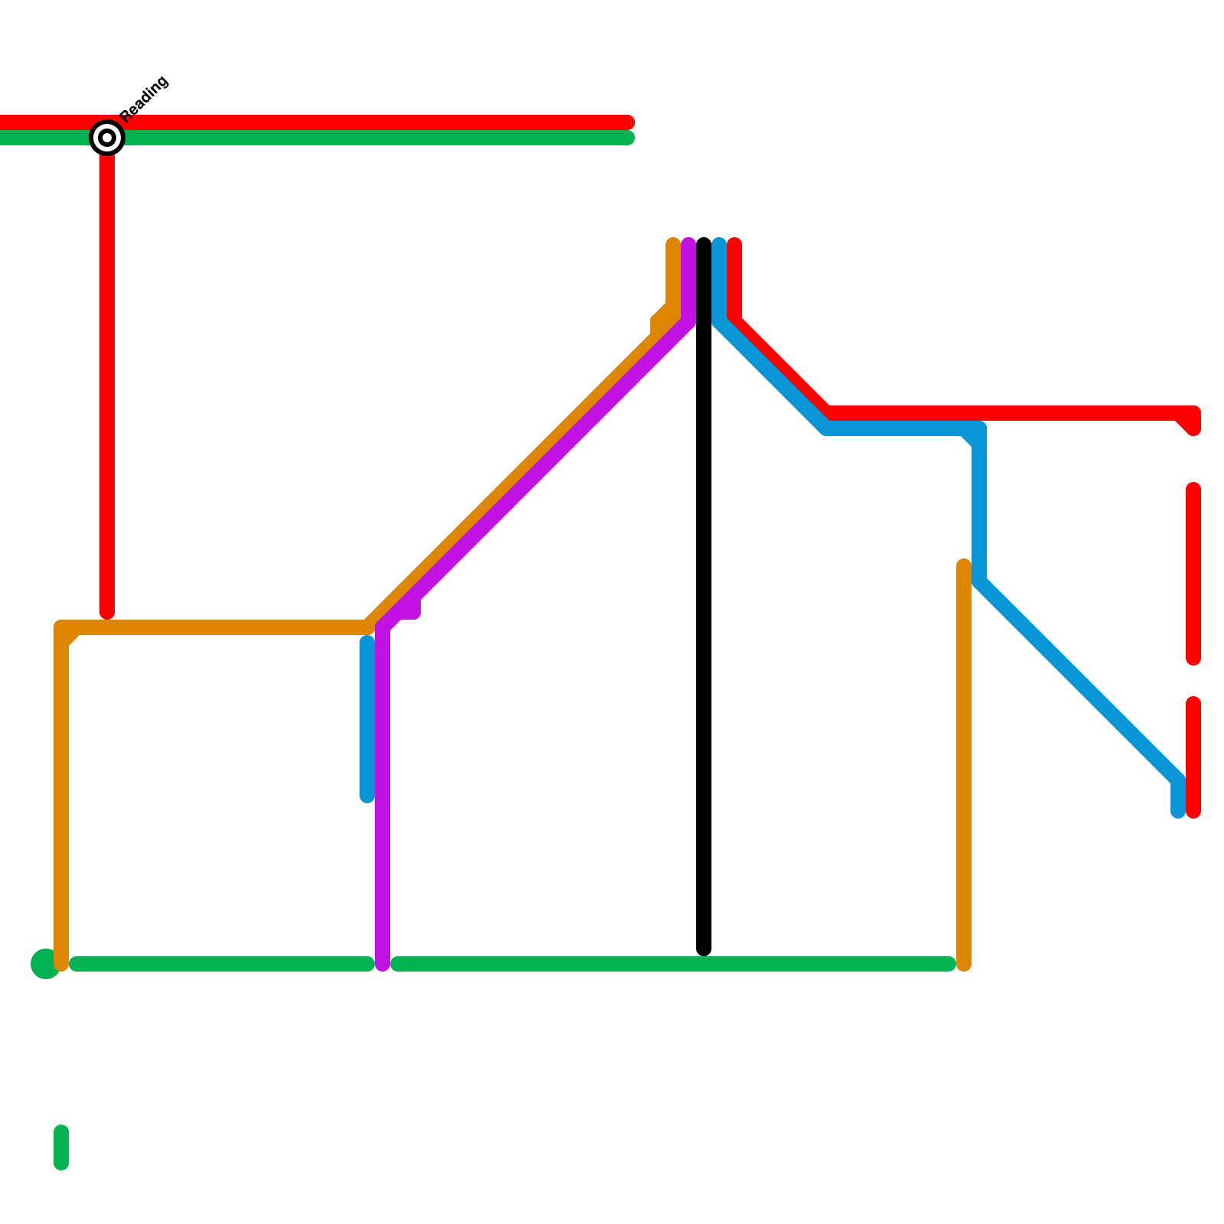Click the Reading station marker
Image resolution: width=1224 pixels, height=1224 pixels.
[107, 138]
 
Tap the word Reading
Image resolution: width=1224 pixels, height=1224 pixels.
[145, 98]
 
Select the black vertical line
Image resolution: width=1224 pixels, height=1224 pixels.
[704, 612]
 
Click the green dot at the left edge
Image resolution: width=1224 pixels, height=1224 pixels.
[45, 963]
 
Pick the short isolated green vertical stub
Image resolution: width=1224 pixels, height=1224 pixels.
[61, 1147]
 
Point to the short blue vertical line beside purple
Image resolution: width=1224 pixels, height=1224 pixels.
[367, 719]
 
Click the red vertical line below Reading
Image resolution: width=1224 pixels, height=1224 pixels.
[107, 382]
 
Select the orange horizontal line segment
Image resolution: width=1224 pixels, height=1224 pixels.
[214, 628]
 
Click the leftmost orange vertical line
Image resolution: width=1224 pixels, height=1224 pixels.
[61, 796]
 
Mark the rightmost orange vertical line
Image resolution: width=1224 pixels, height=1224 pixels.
[964, 765]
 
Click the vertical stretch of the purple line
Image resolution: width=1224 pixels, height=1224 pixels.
[382, 796]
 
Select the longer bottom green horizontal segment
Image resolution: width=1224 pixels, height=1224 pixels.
[673, 964]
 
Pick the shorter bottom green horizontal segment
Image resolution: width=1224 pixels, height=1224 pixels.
[222, 964]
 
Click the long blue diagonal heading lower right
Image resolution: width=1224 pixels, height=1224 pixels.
[1079, 681]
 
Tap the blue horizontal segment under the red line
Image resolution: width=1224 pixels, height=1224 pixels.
[895, 428]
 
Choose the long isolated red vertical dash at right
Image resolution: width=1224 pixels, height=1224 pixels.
[1193, 574]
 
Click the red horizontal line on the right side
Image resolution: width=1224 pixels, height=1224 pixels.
[1010, 413]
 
